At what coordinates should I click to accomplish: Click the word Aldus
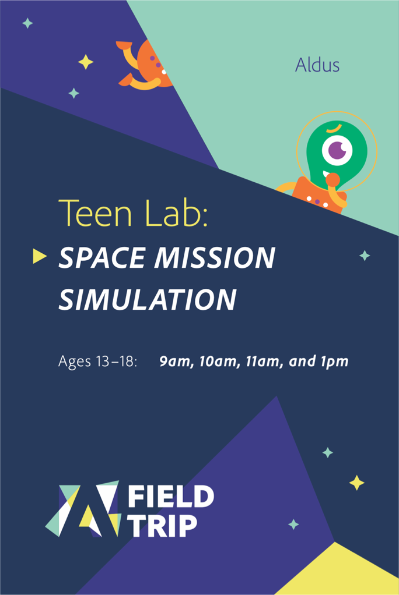(317, 65)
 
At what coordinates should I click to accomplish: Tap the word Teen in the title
(95, 213)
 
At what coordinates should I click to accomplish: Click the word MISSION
(215, 258)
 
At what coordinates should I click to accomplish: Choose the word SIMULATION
(148, 299)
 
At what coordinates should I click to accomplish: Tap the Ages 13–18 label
(97, 361)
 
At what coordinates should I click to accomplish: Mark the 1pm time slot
(334, 362)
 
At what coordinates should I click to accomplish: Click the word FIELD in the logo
(171, 497)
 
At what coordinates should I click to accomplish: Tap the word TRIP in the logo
(162, 526)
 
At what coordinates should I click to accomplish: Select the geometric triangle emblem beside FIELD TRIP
(83, 509)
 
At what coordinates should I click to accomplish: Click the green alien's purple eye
(337, 150)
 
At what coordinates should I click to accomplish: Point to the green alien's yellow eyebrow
(334, 129)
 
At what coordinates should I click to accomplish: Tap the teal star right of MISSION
(365, 256)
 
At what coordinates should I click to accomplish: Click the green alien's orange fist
(332, 179)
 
